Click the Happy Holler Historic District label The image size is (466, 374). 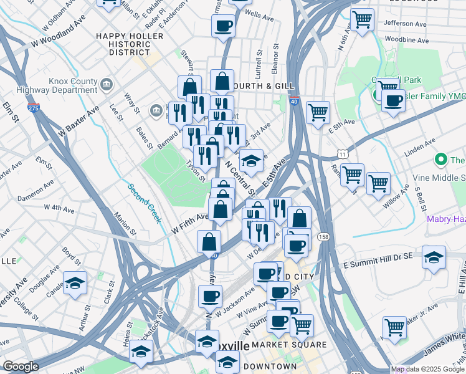[x=130, y=44]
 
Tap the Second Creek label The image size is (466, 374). [x=145, y=203]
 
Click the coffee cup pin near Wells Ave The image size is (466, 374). [x=223, y=26]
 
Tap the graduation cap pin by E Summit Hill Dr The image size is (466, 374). [x=434, y=256]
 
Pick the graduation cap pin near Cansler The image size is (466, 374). [x=75, y=283]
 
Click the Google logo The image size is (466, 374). [x=21, y=367]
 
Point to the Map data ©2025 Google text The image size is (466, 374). [x=427, y=370]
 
